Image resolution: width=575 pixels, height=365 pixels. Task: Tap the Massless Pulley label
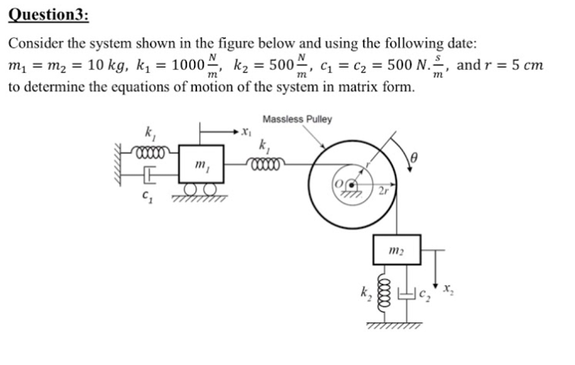tap(297, 120)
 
